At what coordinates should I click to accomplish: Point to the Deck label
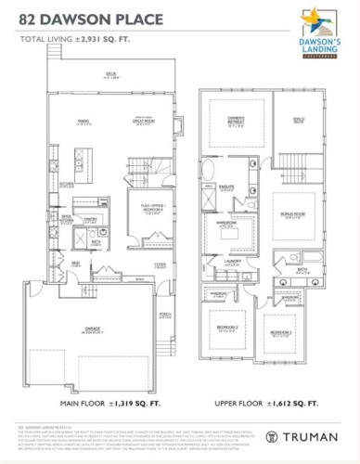110,74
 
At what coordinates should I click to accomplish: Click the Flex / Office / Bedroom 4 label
145,206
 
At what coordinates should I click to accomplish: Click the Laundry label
235,263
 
